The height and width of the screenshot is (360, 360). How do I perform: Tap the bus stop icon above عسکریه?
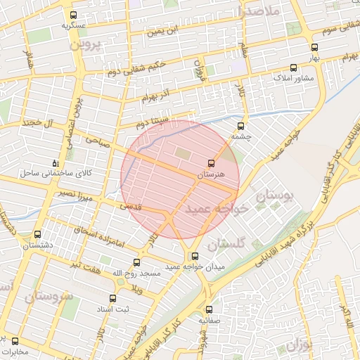click(x=74, y=15)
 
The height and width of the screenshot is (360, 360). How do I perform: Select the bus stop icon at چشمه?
click(x=241, y=127)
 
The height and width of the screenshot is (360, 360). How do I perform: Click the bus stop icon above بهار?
click(x=314, y=48)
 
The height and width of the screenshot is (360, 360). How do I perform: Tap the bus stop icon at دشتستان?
click(x=37, y=235)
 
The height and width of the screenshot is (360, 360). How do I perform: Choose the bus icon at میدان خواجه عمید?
click(x=194, y=257)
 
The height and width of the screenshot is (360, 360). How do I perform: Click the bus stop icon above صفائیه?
click(x=208, y=309)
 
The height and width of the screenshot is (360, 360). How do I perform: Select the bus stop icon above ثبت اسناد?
click(x=112, y=298)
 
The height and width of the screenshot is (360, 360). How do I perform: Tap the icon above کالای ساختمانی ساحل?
click(x=56, y=163)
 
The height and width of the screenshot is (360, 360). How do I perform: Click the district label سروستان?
click(x=48, y=297)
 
